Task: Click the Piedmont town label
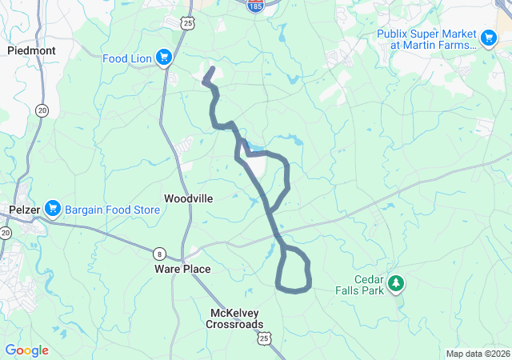[x=31, y=50]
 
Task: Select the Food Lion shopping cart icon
[x=164, y=57]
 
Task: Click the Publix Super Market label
[x=426, y=38]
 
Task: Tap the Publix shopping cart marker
[x=488, y=37]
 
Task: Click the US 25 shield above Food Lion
[x=187, y=24]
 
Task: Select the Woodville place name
[x=188, y=198]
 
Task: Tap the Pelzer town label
[x=24, y=210]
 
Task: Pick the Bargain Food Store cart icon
[x=54, y=210]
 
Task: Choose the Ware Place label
[x=182, y=270]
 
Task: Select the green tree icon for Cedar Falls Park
[x=395, y=283]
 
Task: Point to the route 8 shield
[x=159, y=254]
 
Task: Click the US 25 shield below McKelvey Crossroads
[x=264, y=339]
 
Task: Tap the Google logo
[x=26, y=350]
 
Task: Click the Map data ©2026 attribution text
[x=477, y=354]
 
